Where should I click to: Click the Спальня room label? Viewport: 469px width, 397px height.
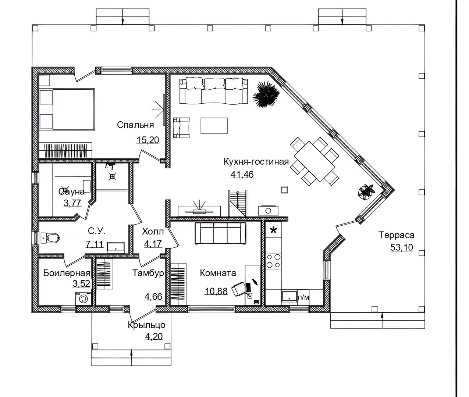tap(135, 125)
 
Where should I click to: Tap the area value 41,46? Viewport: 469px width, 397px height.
tap(242, 175)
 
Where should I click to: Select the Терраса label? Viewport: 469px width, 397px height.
tap(397, 235)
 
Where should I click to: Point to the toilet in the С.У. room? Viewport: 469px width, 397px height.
tap(50, 238)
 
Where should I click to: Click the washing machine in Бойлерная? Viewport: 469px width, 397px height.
tap(83, 298)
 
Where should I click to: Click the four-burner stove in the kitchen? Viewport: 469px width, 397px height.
tap(273, 261)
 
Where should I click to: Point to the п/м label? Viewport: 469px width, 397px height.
tap(303, 297)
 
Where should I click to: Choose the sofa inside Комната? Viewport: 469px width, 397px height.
tap(221, 233)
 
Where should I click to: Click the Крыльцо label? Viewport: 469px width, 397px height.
tap(146, 325)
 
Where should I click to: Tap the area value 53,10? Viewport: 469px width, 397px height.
tap(402, 247)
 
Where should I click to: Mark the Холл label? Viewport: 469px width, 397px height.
tap(153, 231)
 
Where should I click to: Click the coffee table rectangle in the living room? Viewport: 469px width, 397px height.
tap(214, 126)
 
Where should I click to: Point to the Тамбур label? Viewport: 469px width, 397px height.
tap(148, 273)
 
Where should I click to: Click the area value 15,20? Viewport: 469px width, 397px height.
tap(148, 140)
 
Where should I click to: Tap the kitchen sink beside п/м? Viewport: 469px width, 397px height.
tap(289, 296)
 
